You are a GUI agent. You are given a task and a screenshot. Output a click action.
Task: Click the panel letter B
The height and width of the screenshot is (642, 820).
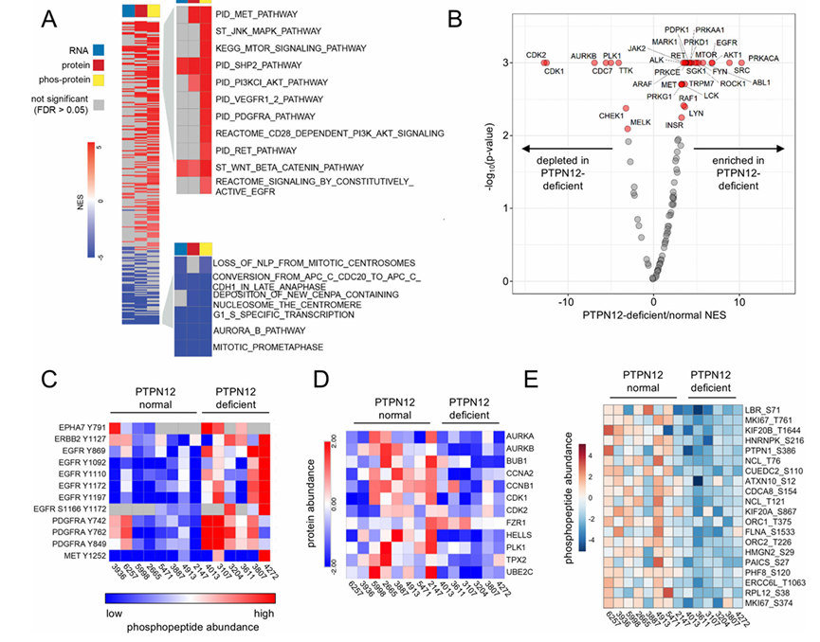(481, 17)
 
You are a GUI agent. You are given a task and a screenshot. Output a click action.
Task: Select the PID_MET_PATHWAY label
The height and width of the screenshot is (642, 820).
(256, 15)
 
